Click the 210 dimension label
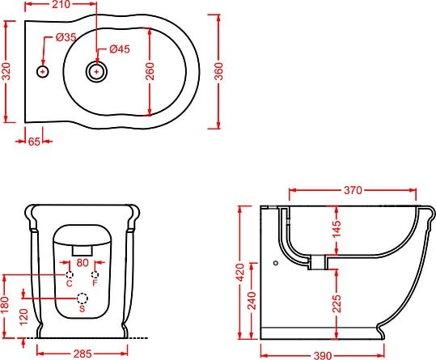click(x=61, y=4)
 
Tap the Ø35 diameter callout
click(x=66, y=37)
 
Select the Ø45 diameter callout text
click(x=120, y=49)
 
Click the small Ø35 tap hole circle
click(x=43, y=72)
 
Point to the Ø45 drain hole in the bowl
click(x=96, y=72)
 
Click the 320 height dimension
click(x=6, y=71)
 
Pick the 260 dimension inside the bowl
click(x=150, y=71)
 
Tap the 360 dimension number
click(x=219, y=71)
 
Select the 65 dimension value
click(x=34, y=142)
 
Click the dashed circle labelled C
click(x=70, y=275)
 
